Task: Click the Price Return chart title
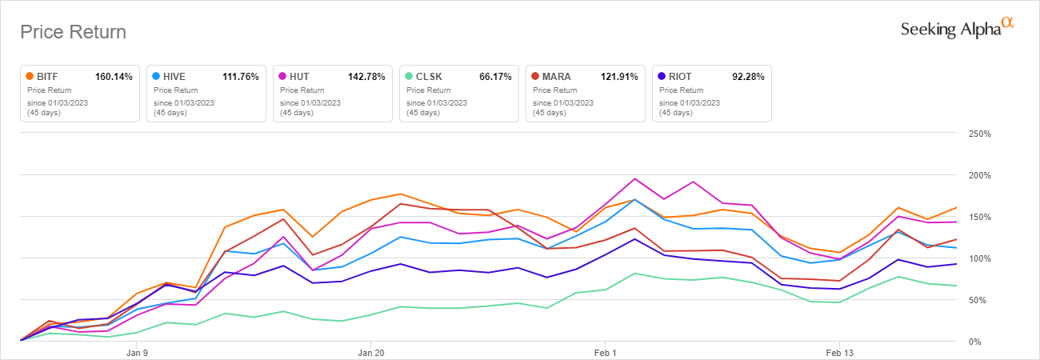[x=73, y=32]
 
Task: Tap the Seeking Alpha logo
[x=956, y=29]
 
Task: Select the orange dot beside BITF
[x=30, y=77]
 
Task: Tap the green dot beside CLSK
[x=410, y=77]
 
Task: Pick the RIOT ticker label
[x=679, y=77]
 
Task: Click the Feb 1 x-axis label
[x=606, y=352]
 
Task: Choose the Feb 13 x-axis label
[x=839, y=352]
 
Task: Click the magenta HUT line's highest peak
[x=634, y=178]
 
